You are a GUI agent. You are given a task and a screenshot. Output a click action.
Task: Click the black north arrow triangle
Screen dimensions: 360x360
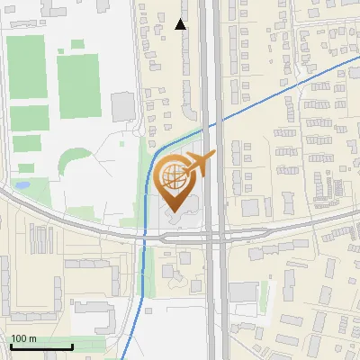(181, 24)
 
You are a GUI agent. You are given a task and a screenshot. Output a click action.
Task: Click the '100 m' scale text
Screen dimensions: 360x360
(24, 338)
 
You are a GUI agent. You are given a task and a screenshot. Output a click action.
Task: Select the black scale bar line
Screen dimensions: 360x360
(41, 346)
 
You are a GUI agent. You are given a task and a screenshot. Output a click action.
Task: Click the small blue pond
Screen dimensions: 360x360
(22, 185)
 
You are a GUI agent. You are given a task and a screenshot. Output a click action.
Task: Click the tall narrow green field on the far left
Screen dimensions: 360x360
(26, 67)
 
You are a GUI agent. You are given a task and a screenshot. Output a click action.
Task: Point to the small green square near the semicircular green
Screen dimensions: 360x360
(26, 167)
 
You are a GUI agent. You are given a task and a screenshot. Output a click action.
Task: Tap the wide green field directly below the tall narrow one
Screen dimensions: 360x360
(29, 117)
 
